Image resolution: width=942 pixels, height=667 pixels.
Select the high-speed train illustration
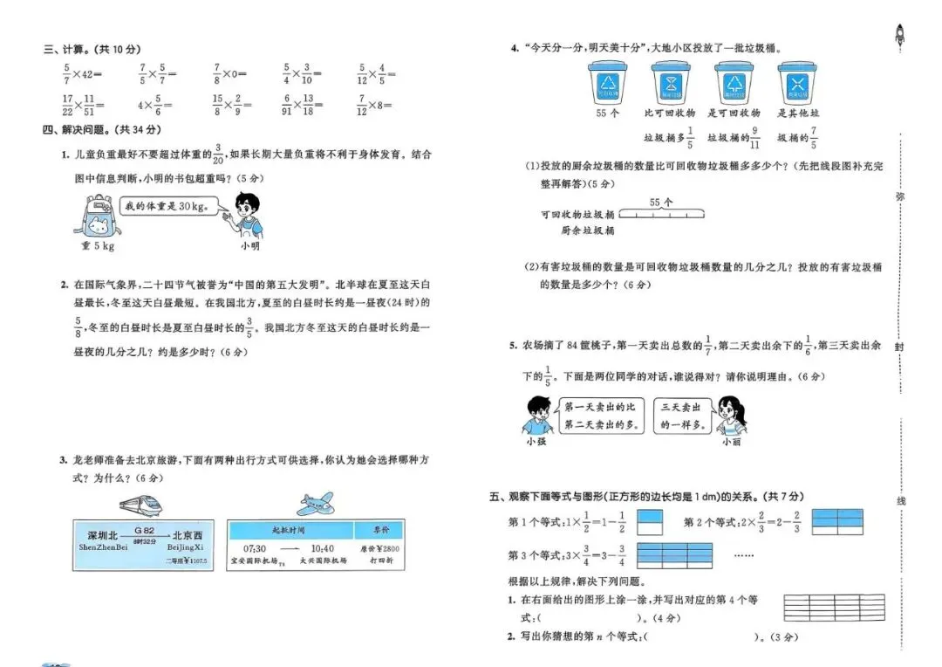click(140, 504)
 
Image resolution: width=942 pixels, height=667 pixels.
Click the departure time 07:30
click(255, 547)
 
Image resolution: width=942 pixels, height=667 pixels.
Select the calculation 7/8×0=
click(231, 74)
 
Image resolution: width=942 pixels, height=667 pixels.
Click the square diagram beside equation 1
click(650, 522)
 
